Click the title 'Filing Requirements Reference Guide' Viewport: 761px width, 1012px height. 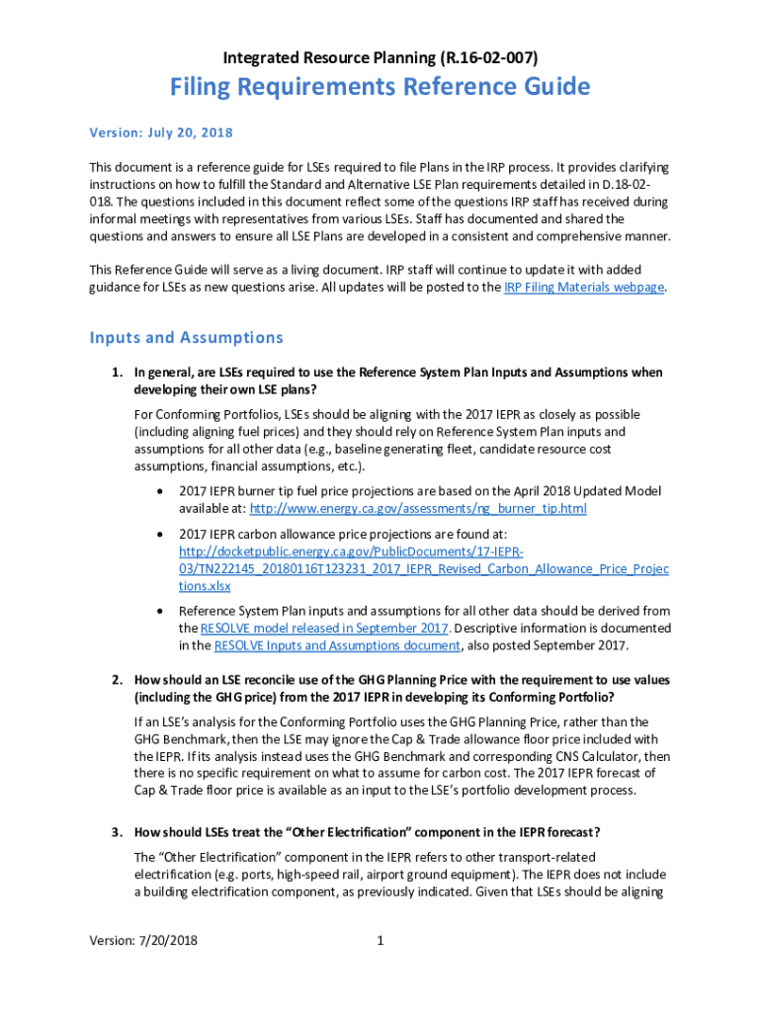pos(380,87)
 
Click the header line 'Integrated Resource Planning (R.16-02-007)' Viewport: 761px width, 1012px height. pos(380,56)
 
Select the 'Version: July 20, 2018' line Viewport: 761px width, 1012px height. pos(161,132)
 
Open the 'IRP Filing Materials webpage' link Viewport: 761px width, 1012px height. pos(583,288)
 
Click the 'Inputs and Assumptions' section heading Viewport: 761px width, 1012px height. pos(186,338)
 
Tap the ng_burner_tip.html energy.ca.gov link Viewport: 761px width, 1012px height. pos(418,508)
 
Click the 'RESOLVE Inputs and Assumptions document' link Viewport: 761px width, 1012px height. pos(337,646)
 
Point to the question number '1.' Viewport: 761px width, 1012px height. pos(116,373)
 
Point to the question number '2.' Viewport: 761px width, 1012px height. pos(116,680)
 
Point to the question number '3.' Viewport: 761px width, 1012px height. pos(116,831)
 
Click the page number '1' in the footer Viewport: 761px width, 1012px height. pos(380,941)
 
